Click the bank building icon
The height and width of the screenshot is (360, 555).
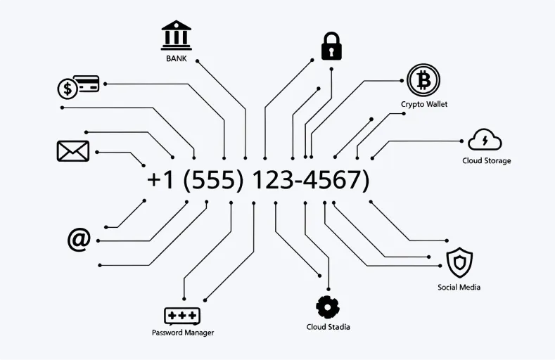coord(176,35)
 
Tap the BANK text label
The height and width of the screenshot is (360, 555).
coord(177,58)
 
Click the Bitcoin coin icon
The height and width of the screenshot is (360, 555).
coord(423,81)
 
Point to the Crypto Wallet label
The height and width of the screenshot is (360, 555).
coord(424,104)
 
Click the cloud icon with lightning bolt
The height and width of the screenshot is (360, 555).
coord(485,140)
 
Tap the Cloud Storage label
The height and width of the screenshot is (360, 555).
coord(486,160)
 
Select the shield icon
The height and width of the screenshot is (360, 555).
coord(459,263)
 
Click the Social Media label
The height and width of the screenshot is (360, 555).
coord(459,287)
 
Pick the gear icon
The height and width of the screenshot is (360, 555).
coord(328,307)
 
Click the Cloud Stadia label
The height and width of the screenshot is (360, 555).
coord(328,327)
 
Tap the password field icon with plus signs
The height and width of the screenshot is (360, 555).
coord(182,316)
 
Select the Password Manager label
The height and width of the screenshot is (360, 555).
coord(183,333)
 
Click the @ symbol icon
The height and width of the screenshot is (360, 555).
coord(79,240)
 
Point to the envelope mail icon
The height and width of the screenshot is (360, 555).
coord(72,151)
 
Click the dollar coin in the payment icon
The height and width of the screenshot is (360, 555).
coord(68,89)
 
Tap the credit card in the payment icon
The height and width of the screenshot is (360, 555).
coord(87,84)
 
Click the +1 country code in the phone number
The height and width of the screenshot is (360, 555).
coord(161,180)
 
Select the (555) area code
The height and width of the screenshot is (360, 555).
coord(212,180)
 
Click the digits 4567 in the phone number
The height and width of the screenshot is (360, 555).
coord(336,180)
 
